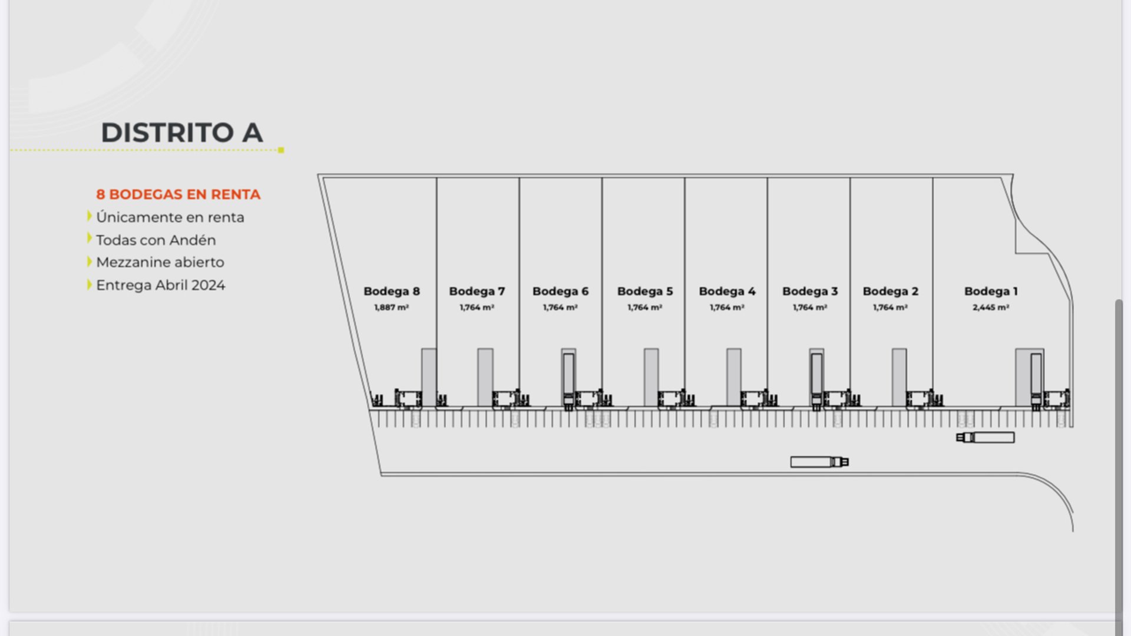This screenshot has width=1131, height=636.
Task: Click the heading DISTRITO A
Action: (182, 132)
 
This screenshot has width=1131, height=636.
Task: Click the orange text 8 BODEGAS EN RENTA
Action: (178, 194)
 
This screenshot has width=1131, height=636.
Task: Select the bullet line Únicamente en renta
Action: (170, 217)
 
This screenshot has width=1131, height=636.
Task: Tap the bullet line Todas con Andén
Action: (156, 240)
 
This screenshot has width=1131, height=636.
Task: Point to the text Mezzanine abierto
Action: (160, 262)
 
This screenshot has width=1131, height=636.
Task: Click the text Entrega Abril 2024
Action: (161, 285)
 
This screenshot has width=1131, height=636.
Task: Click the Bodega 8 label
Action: (392, 291)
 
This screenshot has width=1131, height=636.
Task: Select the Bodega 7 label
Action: (477, 291)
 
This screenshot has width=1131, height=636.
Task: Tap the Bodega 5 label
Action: (645, 291)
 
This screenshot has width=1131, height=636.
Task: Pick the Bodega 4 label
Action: (727, 291)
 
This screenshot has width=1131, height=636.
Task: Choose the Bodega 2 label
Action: (891, 291)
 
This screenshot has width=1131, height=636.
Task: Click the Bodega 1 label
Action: (991, 291)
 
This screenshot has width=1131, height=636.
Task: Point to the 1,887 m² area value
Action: (392, 307)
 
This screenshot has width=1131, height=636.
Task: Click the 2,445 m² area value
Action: (991, 307)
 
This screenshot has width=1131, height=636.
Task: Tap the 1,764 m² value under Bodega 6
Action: (560, 307)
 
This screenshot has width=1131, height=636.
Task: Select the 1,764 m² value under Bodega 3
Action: (810, 307)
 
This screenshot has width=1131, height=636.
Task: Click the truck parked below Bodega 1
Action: (986, 438)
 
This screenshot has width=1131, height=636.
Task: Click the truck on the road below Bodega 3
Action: (819, 462)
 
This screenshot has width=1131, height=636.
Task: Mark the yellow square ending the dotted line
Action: (281, 150)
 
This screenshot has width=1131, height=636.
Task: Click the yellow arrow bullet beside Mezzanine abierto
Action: (90, 261)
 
